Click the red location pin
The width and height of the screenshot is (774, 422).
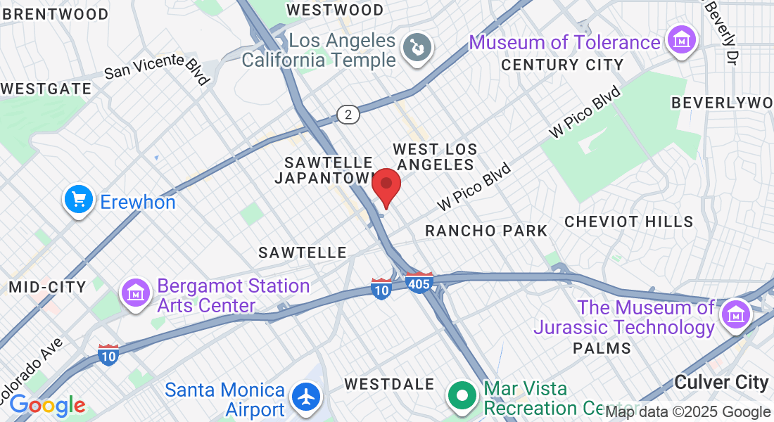click(x=386, y=186)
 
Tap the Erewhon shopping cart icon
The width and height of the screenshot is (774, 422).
click(x=79, y=200)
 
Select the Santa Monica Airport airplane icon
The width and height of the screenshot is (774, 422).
click(x=306, y=397)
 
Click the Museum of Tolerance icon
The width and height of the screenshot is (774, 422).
click(x=681, y=41)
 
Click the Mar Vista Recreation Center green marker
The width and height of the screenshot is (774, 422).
click(x=462, y=396)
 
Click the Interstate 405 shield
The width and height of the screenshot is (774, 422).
click(x=419, y=283)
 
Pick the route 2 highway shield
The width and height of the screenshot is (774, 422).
click(x=348, y=114)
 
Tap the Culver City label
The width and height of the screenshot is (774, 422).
click(x=721, y=383)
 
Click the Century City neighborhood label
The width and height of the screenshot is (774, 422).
click(x=562, y=65)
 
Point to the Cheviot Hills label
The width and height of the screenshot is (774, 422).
click(x=629, y=222)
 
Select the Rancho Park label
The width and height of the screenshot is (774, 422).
click(x=486, y=231)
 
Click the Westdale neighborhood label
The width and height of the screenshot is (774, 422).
click(x=389, y=384)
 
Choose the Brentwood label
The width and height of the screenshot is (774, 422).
click(x=56, y=14)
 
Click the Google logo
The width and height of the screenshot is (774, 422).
click(x=47, y=405)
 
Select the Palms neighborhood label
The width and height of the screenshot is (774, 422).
click(x=602, y=348)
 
